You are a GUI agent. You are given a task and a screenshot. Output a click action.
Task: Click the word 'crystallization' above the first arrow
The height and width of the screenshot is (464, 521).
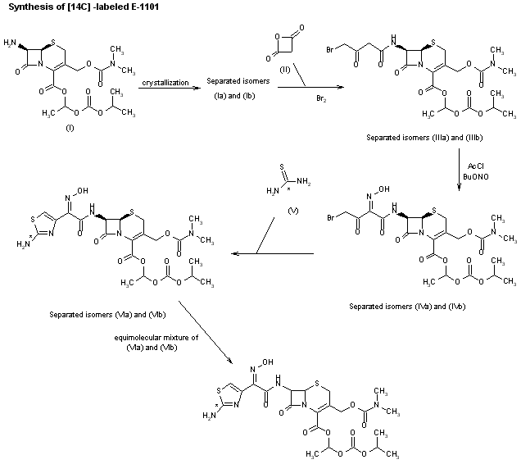(x=165, y=83)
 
